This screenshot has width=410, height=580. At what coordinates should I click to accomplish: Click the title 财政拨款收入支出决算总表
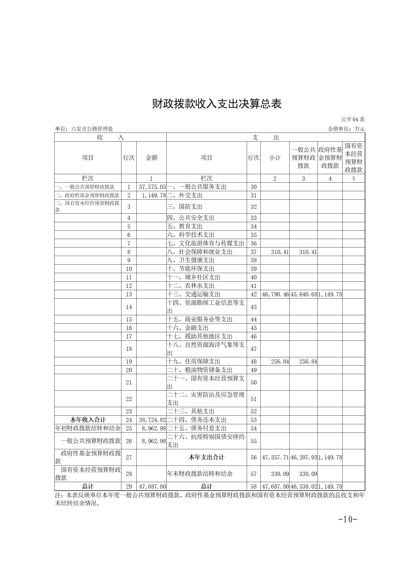[216, 104]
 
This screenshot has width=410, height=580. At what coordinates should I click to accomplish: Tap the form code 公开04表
[352, 119]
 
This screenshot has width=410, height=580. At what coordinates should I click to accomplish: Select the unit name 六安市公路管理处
[92, 129]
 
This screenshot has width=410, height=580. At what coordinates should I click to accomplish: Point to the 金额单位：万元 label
[346, 129]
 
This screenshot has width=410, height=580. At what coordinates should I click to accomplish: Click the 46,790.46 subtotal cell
[275, 294]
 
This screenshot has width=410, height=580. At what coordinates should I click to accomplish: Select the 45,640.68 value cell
[304, 294]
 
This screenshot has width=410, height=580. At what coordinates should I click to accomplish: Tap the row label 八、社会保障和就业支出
[200, 252]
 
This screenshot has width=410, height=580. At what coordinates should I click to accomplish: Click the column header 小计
[275, 158]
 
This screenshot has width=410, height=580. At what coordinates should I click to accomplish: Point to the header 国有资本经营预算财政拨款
[354, 158]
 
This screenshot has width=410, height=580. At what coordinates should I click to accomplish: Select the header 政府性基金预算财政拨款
[330, 158]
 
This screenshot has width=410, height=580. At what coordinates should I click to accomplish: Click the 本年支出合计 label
[206, 457]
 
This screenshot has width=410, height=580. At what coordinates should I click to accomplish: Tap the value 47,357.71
[275, 457]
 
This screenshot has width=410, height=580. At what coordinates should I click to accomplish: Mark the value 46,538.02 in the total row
[304, 486]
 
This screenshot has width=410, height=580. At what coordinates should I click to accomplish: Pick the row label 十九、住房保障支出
[194, 361]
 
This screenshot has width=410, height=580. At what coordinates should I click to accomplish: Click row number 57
[254, 474]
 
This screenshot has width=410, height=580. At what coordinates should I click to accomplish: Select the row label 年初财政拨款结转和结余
[88, 428]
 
